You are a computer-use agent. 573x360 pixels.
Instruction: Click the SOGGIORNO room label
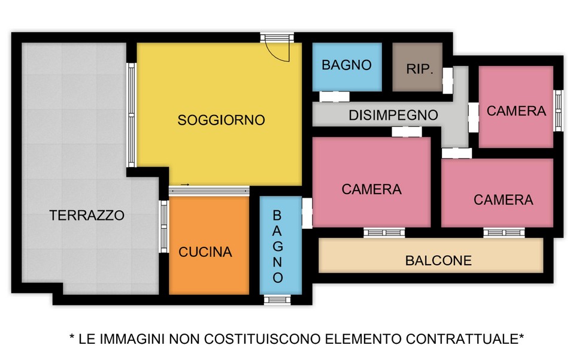tap(221, 120)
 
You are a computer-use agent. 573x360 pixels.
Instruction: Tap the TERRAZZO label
tap(87, 215)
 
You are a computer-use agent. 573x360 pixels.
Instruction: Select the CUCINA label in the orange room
tap(205, 252)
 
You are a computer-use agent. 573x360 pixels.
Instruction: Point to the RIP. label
tap(420, 69)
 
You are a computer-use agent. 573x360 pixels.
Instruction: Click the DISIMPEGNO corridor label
tap(393, 115)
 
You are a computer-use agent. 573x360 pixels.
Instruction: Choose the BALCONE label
tap(438, 261)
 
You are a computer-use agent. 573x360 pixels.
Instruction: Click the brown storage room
tap(417, 67)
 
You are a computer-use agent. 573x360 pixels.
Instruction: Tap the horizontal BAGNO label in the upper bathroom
tap(347, 65)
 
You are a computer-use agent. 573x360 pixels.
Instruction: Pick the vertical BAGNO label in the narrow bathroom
tap(277, 247)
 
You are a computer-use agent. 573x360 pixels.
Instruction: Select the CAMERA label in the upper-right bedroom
tap(516, 111)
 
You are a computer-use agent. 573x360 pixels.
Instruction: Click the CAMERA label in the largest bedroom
tap(371, 189)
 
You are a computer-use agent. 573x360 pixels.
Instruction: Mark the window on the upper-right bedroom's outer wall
tap(558, 110)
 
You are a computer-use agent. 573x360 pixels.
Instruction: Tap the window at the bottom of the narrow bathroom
tap(277, 300)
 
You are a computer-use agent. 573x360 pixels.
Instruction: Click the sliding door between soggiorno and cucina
tap(209, 190)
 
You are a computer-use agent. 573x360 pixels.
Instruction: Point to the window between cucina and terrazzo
tap(163, 226)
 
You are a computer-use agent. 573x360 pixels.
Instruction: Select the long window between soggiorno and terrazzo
tap(131, 115)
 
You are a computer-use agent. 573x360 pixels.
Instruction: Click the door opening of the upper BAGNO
tap(334, 96)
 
